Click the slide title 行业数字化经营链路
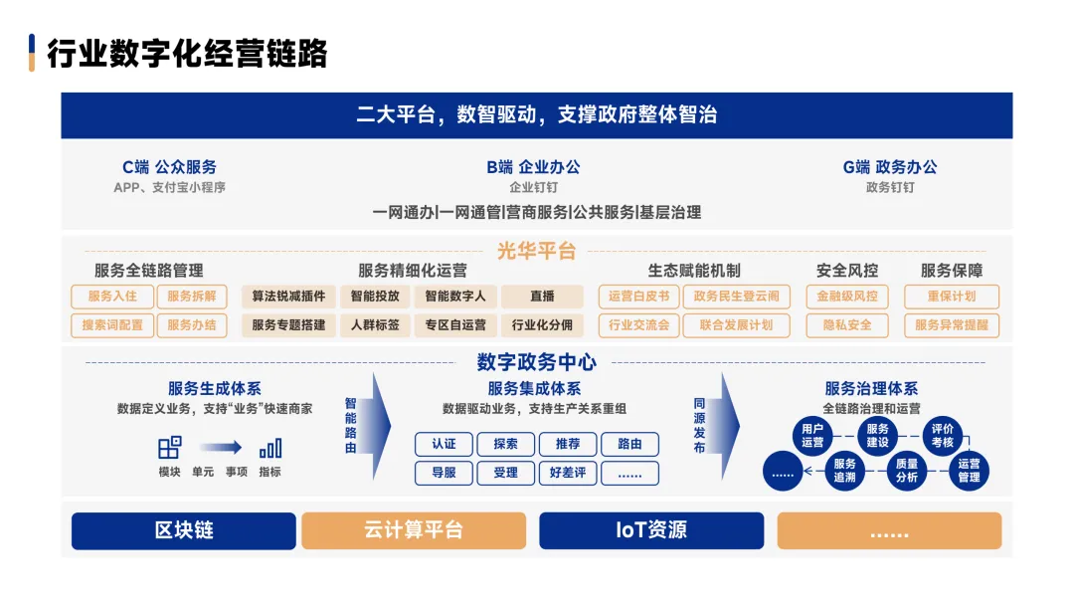click(x=187, y=54)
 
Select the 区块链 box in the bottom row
click(x=183, y=530)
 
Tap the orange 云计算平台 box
click(x=413, y=530)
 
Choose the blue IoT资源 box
click(x=651, y=530)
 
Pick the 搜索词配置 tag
click(x=112, y=325)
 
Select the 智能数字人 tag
click(x=455, y=297)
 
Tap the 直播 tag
click(x=542, y=297)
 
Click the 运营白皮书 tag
click(x=638, y=297)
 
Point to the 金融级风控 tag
click(x=847, y=297)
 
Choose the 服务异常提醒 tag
click(x=951, y=325)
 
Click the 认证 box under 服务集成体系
click(x=444, y=445)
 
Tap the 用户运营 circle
click(x=812, y=436)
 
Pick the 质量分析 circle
click(x=906, y=471)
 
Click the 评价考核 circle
click(x=942, y=436)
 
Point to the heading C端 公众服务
click(x=169, y=167)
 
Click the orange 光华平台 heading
click(x=537, y=252)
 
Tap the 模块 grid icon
click(x=169, y=448)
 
